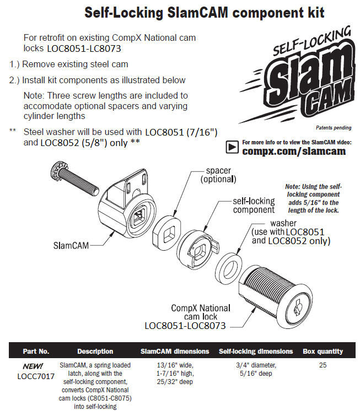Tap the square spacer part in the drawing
166,231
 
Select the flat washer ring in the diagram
228,269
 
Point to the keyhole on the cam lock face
298,309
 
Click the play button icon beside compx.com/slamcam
232,147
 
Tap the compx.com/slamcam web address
294,151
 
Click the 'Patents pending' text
334,128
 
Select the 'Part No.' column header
36,352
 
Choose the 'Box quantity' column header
323,352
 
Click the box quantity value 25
323,365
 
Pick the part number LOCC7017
36,376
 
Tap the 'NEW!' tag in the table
33,366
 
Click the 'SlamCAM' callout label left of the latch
71,245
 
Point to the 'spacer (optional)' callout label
218,175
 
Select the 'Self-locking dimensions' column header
256,352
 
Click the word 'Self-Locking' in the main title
123,13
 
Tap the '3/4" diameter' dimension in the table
256,365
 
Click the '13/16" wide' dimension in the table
175,365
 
